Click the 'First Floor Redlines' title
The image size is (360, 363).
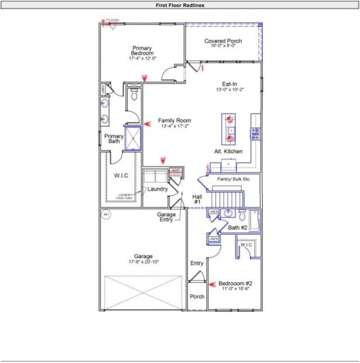[180, 4]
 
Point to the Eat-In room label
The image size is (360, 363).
[230, 84]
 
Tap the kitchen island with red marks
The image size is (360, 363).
[230, 128]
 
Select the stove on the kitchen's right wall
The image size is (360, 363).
[257, 133]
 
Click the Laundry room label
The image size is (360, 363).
[157, 189]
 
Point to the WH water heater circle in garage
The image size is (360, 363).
[106, 213]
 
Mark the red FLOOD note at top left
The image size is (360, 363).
[111, 21]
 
